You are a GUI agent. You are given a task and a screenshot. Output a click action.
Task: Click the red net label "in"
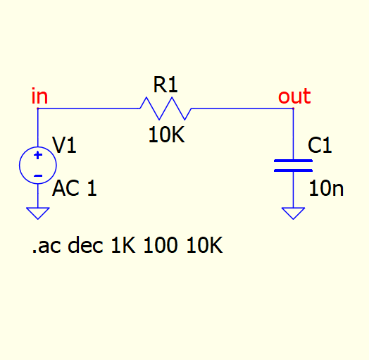click(39, 96)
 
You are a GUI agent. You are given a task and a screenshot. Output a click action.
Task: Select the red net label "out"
click(294, 96)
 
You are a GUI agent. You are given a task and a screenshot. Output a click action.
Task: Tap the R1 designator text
click(165, 85)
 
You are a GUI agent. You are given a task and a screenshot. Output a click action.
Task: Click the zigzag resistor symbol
click(165, 108)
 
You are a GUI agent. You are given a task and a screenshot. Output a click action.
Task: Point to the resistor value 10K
click(166, 135)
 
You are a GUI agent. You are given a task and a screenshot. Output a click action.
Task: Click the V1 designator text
click(64, 145)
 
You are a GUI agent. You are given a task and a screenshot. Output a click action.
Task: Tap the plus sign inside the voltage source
click(38, 155)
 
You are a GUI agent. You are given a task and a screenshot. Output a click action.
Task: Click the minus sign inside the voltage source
click(38, 175)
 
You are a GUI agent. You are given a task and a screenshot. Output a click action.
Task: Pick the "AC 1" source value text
click(74, 188)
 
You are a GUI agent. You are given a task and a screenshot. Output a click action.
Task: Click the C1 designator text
click(320, 145)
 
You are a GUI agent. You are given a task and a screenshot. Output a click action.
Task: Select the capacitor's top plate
click(293, 161)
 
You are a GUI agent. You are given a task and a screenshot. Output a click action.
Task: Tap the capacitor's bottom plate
click(293, 170)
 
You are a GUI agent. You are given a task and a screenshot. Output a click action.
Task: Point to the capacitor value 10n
click(326, 188)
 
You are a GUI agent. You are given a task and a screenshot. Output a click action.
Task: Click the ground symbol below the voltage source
click(38, 213)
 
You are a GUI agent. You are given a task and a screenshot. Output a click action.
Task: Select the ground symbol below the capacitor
click(293, 213)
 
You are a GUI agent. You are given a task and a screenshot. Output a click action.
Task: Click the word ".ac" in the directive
click(46, 247)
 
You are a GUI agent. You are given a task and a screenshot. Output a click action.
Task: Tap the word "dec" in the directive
click(85, 245)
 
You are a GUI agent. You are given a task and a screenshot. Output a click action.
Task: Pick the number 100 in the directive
click(161, 245)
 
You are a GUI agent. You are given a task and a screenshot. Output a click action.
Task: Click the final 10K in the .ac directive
click(204, 245)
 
